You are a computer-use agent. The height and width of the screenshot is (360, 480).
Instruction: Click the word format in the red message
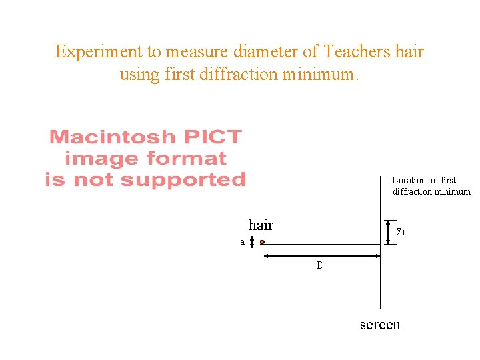[186, 159]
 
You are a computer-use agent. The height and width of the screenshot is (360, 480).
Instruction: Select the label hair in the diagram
[261, 225]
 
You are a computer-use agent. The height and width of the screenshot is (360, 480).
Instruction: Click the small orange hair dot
[263, 242]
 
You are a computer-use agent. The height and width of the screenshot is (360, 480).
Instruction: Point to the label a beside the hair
[243, 242]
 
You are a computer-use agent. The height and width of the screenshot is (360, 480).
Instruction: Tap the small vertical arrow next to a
[252, 241]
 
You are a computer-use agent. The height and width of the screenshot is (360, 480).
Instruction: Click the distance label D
[320, 265]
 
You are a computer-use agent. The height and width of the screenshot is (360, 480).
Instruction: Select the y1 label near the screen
[401, 231]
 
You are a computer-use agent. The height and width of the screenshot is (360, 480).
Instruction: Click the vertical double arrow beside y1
[387, 232]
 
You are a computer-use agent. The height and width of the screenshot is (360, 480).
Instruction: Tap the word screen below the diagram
[380, 325]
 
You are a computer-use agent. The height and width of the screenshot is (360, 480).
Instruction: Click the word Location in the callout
[409, 180]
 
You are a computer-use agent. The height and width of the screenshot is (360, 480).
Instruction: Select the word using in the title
[137, 74]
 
